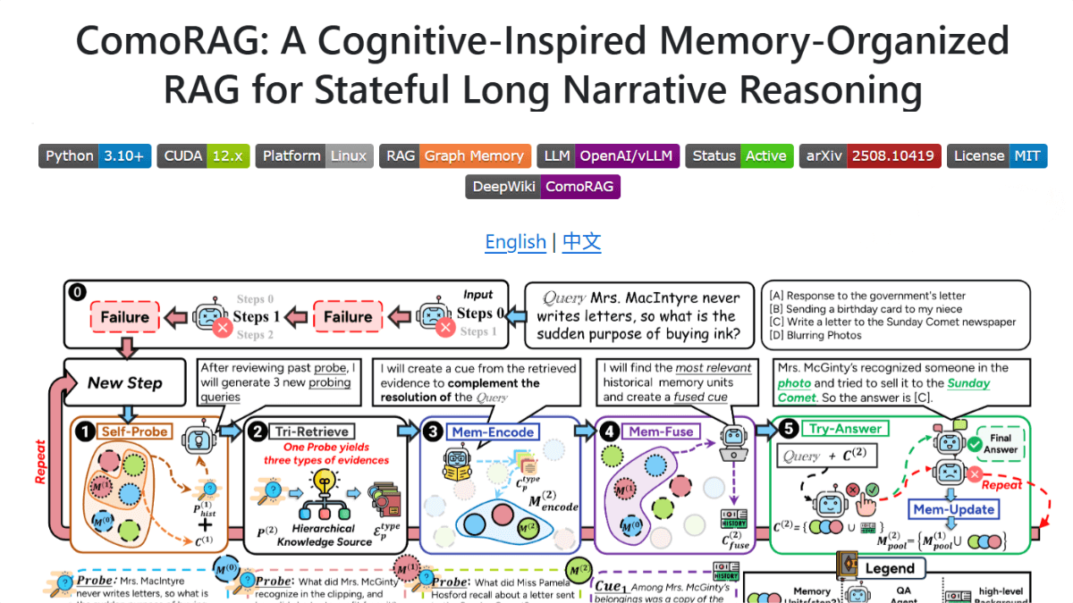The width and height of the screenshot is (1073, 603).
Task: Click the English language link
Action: [x=515, y=242]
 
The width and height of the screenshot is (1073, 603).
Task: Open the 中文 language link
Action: [x=581, y=242]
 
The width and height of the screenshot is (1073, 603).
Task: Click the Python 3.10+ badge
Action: [x=94, y=156]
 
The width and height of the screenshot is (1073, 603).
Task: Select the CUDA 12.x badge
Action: [x=202, y=156]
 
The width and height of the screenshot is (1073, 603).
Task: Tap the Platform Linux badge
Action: [x=314, y=156]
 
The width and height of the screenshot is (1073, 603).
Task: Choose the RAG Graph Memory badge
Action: [x=454, y=156]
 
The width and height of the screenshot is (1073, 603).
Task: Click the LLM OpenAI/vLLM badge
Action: [x=609, y=156]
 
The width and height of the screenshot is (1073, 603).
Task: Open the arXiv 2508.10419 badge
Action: [x=871, y=156]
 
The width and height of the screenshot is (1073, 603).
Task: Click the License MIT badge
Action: [x=996, y=156]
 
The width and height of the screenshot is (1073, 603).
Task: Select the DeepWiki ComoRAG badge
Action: [x=543, y=187]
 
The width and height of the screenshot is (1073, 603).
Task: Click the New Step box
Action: [x=125, y=383]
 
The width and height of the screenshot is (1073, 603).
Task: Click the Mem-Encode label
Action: [x=492, y=432]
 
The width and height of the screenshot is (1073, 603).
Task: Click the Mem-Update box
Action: [x=952, y=510]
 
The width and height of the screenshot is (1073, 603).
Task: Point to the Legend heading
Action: [x=889, y=568]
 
